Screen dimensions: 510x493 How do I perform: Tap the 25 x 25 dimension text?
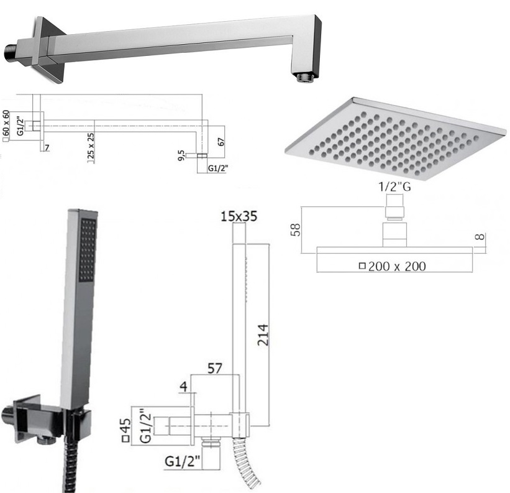coord(91,145)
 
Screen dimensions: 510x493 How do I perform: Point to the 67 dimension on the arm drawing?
coord(221,142)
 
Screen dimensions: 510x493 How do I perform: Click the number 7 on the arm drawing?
coord(47,148)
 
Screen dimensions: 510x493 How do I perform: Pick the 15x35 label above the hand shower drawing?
coord(239,216)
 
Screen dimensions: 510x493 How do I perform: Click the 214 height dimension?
coord(263,335)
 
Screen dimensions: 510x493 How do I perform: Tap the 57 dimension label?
coord(215,369)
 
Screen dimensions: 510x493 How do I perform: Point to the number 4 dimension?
coord(184,386)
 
